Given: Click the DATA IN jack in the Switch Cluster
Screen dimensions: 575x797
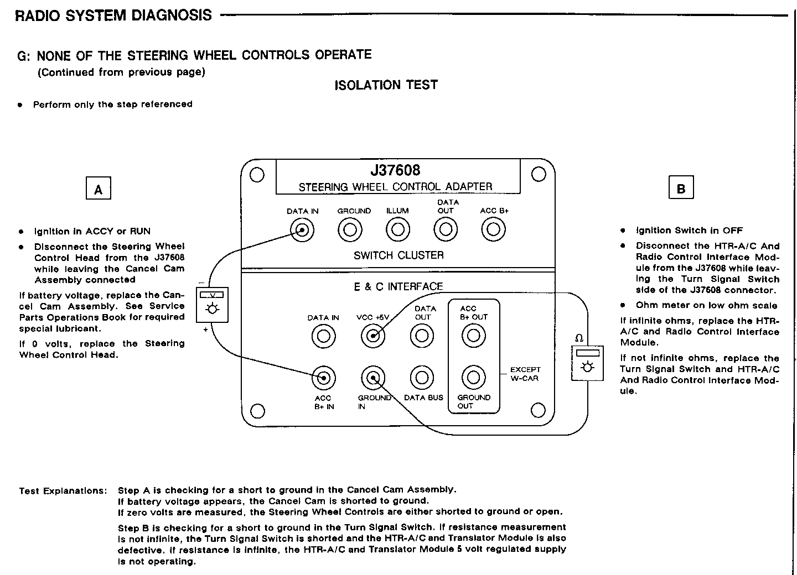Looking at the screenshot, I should coord(302,229).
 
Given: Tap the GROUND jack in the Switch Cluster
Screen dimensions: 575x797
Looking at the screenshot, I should coord(350,229).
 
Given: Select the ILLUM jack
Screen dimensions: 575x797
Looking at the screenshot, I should coord(397,229).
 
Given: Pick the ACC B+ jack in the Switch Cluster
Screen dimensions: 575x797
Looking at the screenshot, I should coord(493,229).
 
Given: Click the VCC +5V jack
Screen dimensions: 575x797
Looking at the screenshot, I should coord(374,336).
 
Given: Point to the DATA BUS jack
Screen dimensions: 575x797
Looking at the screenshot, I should coord(422,378).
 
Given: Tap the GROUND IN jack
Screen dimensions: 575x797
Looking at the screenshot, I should coord(374,378).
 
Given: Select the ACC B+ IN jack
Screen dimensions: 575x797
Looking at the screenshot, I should coord(323,378).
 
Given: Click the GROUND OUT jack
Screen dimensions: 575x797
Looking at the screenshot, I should coord(473,378).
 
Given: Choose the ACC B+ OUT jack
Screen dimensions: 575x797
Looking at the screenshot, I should coord(473,336).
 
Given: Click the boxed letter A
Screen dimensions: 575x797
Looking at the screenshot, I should coord(99,189).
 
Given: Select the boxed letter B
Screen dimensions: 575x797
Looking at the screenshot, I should coord(681,187).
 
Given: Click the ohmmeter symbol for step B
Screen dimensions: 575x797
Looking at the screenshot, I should coord(587,363).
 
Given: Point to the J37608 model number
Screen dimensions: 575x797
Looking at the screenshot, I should coord(395,170).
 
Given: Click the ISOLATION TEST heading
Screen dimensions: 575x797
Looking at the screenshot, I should coord(386,85).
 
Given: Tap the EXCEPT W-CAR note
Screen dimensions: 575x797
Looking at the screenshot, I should coord(525,374).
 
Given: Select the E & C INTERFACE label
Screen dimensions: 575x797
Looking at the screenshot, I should coord(398,286).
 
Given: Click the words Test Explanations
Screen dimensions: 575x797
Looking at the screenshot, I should coord(63,490).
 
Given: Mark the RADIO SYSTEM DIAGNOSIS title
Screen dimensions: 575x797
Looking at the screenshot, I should coord(113,15).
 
